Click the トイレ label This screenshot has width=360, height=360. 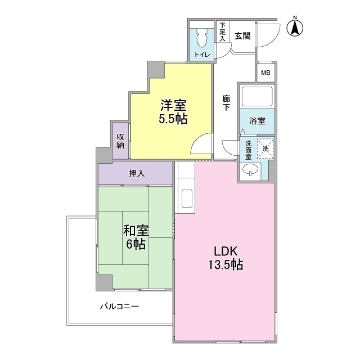click(x=201, y=55)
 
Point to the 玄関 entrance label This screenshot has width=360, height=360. click(x=242, y=36)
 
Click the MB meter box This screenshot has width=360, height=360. click(x=265, y=73)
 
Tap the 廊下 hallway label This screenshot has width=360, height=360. click(x=226, y=103)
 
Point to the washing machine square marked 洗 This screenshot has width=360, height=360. click(x=266, y=148)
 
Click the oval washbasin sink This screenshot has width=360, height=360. click(x=250, y=170)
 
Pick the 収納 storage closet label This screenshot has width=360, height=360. click(x=120, y=141)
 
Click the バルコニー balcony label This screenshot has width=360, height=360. click(x=119, y=307)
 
